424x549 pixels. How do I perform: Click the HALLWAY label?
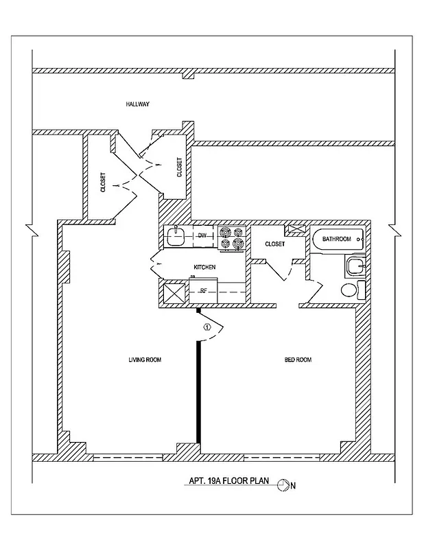[137, 104]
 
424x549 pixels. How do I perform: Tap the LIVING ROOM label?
[145, 360]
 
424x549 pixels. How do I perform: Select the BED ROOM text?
[298, 360]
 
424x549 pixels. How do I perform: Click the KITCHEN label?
[204, 267]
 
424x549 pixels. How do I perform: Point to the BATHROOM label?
[337, 239]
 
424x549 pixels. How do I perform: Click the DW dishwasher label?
[202, 235]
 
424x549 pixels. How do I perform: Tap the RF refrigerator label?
[203, 291]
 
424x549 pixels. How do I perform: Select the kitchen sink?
[176, 237]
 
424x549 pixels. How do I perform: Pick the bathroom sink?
[354, 266]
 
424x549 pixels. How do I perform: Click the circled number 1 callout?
[207, 327]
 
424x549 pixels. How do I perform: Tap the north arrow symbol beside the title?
[282, 486]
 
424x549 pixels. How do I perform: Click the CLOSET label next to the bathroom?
[274, 244]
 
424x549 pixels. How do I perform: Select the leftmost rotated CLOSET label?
[103, 182]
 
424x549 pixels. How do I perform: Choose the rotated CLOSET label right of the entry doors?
[180, 167]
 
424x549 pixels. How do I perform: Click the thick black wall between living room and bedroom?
[199, 384]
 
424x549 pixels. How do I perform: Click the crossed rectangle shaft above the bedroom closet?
[295, 230]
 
